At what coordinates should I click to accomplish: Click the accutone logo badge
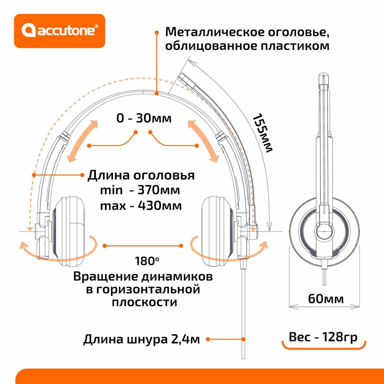pos(59,31)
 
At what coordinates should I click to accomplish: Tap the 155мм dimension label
pos(261,133)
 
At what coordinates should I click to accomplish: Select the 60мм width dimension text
pos(325,299)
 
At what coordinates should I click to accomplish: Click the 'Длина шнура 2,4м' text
pos(141,340)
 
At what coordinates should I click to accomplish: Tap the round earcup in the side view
pos(323,232)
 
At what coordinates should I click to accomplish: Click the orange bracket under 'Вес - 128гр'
pos(323,347)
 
